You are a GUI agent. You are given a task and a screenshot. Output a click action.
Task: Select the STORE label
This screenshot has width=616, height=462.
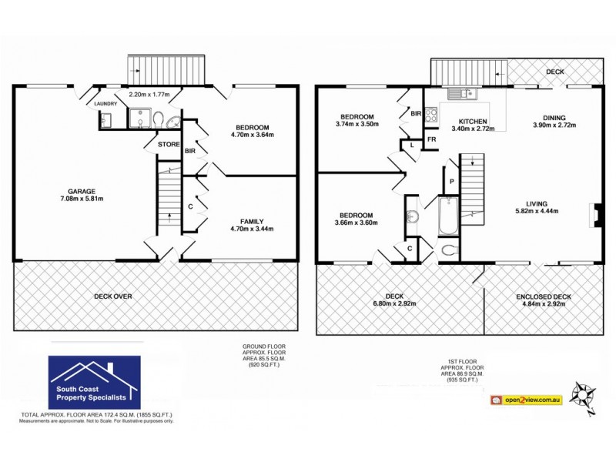(169, 143)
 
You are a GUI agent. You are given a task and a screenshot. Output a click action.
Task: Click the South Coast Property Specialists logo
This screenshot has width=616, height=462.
(94, 383)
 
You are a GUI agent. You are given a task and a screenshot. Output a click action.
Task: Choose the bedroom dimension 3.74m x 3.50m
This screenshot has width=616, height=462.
(357, 124)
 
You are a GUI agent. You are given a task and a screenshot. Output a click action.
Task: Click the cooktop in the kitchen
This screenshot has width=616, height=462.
(431, 115)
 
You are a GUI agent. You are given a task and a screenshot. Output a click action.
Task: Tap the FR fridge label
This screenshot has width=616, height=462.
(432, 139)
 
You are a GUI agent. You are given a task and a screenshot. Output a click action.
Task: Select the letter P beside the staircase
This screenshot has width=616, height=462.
(451, 182)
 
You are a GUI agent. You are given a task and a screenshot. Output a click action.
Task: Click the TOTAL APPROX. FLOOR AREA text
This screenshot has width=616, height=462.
(89, 415)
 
